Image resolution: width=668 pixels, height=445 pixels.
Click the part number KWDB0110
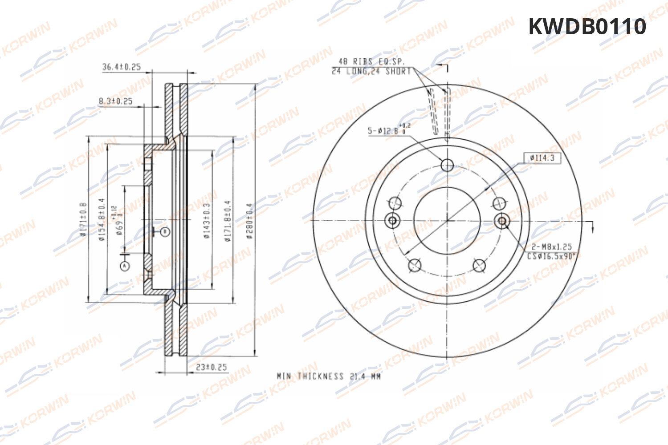(587, 27)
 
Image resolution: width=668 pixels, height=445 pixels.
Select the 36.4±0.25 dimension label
(121, 67)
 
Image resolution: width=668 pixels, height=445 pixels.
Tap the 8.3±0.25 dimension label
(115, 101)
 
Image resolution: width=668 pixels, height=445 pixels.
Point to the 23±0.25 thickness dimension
(212, 367)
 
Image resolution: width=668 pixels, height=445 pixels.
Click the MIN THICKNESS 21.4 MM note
(329, 376)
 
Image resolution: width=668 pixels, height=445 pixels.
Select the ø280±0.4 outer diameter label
(250, 221)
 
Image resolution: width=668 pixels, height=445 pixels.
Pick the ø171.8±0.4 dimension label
(228, 221)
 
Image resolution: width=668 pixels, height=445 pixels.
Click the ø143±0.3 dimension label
(207, 221)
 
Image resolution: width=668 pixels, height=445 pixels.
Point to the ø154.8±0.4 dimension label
(102, 220)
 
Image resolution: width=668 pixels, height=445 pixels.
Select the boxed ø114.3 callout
(542, 158)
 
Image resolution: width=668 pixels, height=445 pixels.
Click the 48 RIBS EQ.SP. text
(371, 62)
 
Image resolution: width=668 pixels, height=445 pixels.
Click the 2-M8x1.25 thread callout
(551, 247)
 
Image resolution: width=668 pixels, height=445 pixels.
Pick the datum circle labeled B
(165, 232)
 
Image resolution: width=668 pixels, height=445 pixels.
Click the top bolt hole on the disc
(447, 165)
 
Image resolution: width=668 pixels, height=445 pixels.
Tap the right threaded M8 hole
(502, 220)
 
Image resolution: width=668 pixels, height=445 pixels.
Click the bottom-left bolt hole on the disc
(415, 265)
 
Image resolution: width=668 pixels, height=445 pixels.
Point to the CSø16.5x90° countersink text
(551, 256)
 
